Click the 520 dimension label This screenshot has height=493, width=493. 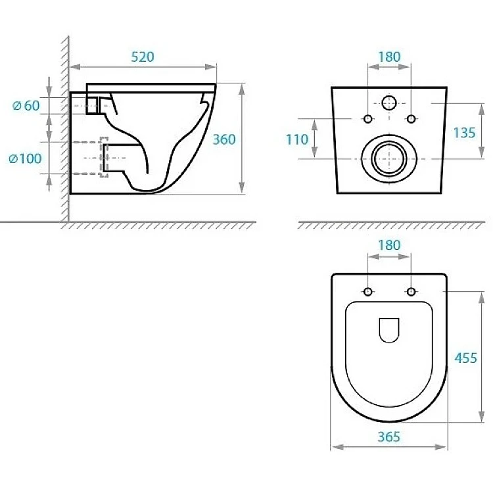click(143, 57)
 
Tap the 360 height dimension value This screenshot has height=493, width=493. click(224, 139)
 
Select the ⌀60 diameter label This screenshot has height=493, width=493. click(26, 106)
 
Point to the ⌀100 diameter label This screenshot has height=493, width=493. click(25, 158)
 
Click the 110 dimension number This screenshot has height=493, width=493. click(297, 139)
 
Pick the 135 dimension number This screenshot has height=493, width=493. click(464, 133)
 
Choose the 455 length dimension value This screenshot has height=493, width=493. click(465, 358)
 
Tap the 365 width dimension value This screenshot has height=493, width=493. click(389, 436)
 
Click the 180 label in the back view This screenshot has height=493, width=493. click(389, 57)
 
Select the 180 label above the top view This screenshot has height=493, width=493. click(389, 245)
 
